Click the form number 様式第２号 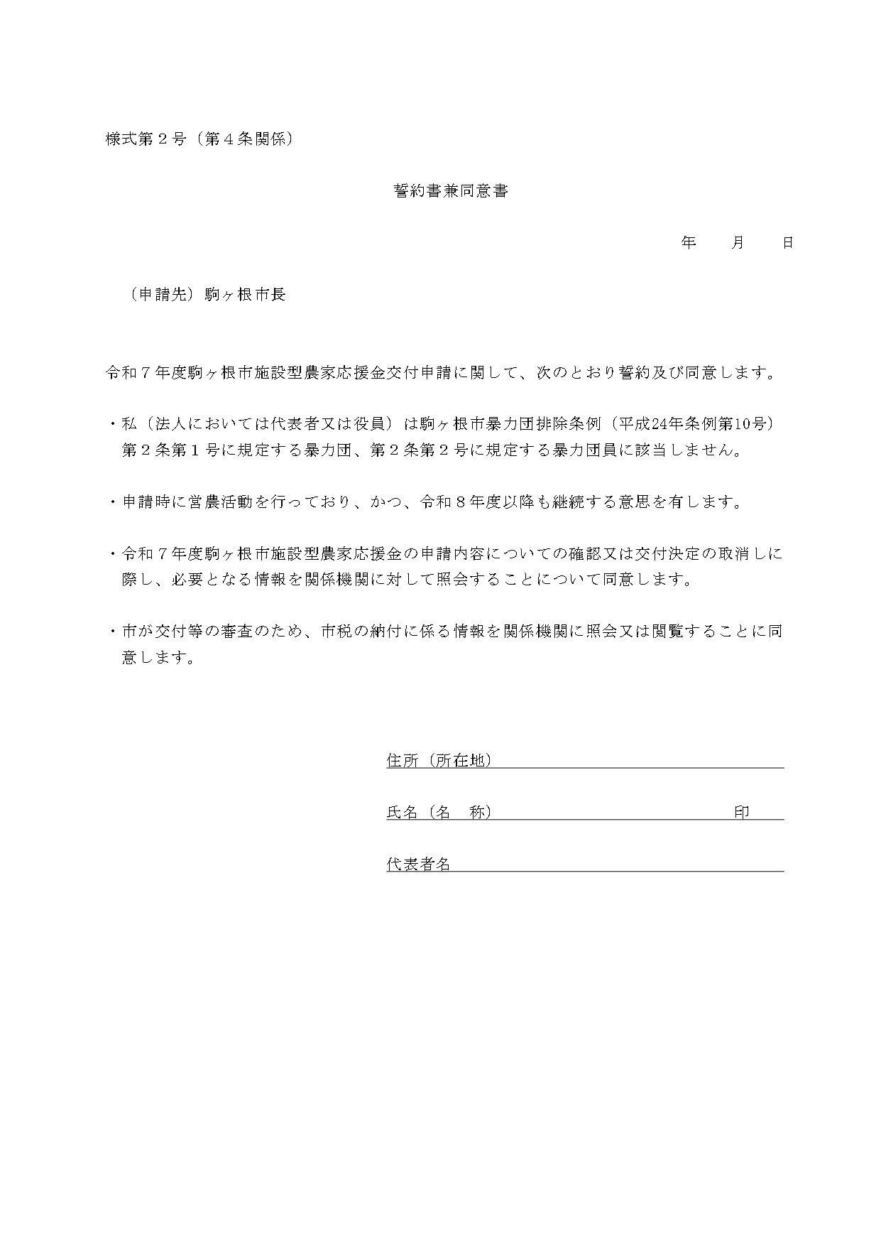(x=146, y=139)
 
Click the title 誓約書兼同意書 (x=451, y=190)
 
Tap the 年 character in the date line (x=688, y=242)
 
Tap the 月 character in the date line (x=738, y=242)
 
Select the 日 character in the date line (x=787, y=242)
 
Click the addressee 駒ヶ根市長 (x=245, y=294)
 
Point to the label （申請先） (x=162, y=294)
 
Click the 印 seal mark (x=742, y=812)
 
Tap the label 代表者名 (x=418, y=864)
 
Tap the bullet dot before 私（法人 (x=112, y=424)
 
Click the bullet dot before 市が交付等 (x=112, y=631)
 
